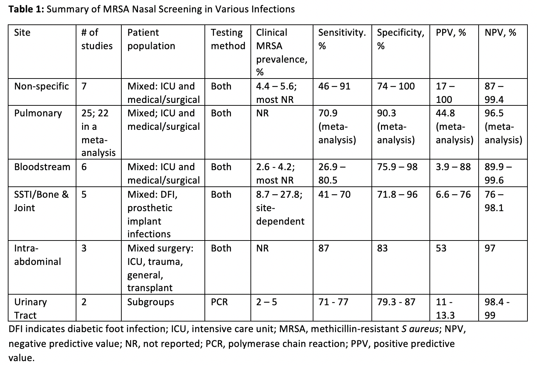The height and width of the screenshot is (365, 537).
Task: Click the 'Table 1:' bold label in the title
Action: pyautogui.click(x=26, y=9)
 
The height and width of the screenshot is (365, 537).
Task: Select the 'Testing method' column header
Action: pyautogui.click(x=228, y=39)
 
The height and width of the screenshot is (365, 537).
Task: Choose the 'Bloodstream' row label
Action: pyautogui.click(x=42, y=167)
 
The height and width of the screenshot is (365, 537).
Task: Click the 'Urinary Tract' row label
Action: pyautogui.click(x=30, y=308)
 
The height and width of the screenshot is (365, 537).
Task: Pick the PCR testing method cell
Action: pyautogui.click(x=219, y=302)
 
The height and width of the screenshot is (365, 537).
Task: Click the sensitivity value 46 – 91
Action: pyautogui.click(x=334, y=86)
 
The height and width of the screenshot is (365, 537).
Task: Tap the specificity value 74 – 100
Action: pyautogui.click(x=395, y=86)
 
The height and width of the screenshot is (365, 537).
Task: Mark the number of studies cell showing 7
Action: pyautogui.click(x=84, y=86)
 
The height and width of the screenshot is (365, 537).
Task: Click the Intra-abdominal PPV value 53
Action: pyautogui.click(x=441, y=248)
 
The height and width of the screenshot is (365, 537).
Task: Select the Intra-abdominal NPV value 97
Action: pyautogui.click(x=490, y=248)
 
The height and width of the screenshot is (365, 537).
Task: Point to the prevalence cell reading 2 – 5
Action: pyautogui.click(x=266, y=302)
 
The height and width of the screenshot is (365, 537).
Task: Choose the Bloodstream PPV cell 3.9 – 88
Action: pyautogui.click(x=453, y=167)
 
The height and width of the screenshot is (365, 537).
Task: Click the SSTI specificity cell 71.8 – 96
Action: pyautogui.click(x=397, y=195)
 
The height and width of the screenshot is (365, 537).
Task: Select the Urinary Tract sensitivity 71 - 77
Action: pyautogui.click(x=333, y=302)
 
